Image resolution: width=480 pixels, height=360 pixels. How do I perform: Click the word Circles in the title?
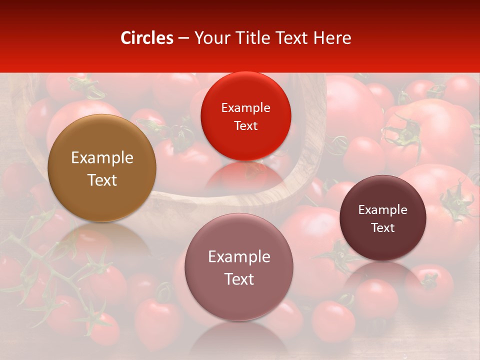[147, 38]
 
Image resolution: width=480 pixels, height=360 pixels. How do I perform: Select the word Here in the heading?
[332, 38]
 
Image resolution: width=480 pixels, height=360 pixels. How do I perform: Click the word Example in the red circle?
[245, 108]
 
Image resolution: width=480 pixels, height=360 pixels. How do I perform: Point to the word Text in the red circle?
[245, 126]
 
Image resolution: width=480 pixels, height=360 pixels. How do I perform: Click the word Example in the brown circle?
[102, 158]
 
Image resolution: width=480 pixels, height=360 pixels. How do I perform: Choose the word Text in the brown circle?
[102, 180]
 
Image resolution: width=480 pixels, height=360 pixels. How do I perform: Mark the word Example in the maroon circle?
[383, 210]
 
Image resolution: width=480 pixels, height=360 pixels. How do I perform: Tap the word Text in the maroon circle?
[383, 228]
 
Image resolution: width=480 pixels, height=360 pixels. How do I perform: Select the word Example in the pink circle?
[239, 256]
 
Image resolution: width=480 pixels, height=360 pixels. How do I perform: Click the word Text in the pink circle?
[239, 279]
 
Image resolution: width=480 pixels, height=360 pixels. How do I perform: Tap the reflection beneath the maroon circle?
[383, 272]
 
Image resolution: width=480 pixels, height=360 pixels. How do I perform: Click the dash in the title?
[183, 38]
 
